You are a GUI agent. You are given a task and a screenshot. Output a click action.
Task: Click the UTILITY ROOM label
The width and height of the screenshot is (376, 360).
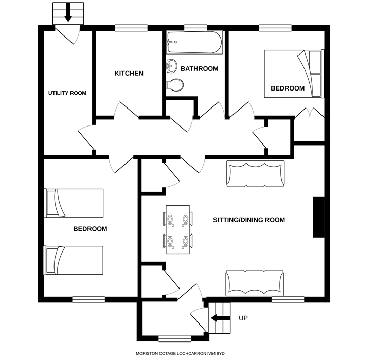coord(67,93)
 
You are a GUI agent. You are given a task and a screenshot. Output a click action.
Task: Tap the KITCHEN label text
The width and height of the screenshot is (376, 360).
coord(129,74)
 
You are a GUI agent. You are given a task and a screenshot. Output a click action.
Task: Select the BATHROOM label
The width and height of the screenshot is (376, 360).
coord(199,69)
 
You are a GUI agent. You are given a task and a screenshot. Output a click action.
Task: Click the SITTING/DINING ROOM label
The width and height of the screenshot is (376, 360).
coord(249,220)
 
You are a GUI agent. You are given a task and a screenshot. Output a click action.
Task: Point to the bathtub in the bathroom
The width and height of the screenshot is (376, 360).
coord(195,43)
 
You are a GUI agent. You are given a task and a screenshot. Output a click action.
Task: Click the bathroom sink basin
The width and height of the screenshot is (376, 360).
coord(172,66)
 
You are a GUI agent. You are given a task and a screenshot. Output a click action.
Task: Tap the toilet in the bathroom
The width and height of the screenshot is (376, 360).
coord(175,85)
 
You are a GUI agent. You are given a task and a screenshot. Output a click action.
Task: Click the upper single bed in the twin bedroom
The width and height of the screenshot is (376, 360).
coord(75,203)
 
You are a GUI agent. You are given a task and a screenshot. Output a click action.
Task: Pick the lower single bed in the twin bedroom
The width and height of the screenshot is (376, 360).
coord(75,260)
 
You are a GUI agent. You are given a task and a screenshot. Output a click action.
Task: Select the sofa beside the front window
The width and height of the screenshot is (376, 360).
coord(255,283)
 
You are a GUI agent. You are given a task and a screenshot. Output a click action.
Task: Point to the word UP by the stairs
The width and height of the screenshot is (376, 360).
coord(244,318)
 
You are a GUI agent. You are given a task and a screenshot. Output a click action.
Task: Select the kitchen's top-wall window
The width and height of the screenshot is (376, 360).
coord(128,28)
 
